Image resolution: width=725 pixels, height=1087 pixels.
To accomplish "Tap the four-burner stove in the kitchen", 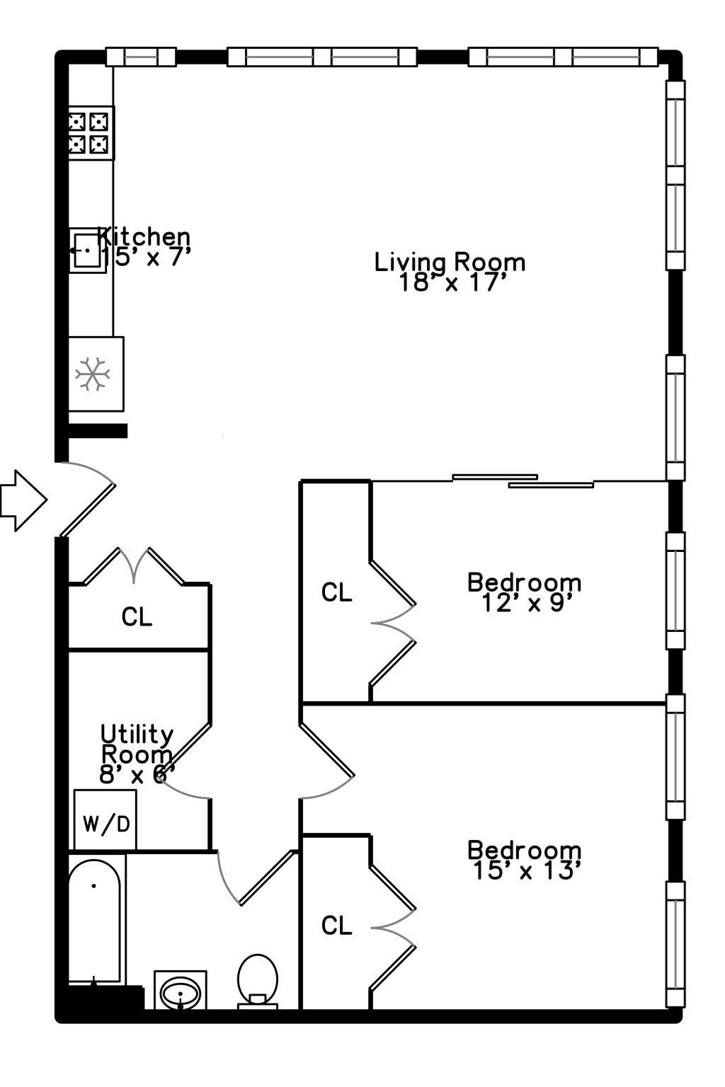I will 91,133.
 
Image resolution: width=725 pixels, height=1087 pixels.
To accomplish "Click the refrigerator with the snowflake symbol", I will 95,374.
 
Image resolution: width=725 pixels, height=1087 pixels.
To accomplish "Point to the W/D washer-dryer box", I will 105,822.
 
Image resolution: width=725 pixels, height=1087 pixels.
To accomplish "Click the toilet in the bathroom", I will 258,979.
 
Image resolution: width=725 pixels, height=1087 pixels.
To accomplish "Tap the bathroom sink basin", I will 180,991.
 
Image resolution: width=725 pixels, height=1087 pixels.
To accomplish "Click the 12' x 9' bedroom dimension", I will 525,603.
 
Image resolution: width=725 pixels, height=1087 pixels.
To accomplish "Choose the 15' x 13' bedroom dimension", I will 525,870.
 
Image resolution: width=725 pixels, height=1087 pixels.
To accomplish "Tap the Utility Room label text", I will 137,743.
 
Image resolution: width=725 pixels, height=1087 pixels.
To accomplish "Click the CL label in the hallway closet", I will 137,617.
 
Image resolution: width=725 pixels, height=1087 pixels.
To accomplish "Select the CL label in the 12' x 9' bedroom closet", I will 336,592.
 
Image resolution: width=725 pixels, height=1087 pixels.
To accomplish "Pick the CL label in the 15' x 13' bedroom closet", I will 336,925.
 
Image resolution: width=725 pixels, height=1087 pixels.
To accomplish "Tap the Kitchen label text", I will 144,236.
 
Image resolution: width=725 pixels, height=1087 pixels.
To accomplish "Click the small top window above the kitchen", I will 141,56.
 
